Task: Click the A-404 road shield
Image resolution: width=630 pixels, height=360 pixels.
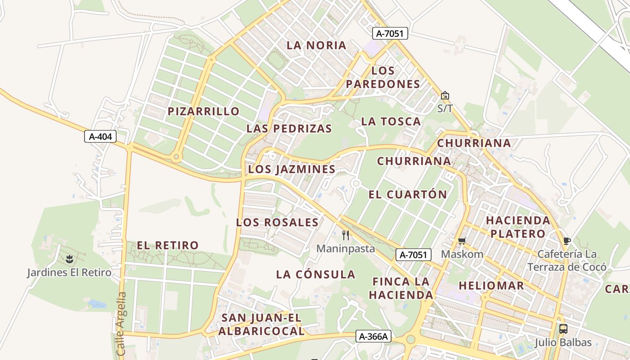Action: (100, 136)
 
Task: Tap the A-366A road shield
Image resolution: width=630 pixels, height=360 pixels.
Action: (373, 336)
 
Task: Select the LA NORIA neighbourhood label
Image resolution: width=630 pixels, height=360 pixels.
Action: (317, 45)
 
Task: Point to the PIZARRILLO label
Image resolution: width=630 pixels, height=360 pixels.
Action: (203, 112)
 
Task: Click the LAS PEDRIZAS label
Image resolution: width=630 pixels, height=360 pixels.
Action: (289, 129)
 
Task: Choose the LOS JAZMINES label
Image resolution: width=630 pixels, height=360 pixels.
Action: (292, 169)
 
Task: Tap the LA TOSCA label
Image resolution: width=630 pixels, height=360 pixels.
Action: (391, 121)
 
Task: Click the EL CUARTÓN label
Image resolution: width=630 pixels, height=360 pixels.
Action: (408, 194)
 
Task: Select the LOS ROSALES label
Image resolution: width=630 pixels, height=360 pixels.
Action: (277, 222)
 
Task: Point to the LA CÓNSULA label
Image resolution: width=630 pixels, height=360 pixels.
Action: (315, 274)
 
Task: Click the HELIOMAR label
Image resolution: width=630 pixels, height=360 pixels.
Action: (491, 286)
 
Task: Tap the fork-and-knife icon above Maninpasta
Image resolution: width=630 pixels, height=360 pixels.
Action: (346, 235)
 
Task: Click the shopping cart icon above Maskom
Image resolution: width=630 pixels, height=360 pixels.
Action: (462, 241)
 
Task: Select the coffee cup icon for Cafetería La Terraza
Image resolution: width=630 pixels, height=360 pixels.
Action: (567, 241)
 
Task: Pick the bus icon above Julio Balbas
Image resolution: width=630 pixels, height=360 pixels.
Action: (563, 328)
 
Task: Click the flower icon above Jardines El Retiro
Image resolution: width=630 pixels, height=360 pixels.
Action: (69, 259)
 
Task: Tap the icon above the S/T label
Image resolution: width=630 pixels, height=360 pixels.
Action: (445, 95)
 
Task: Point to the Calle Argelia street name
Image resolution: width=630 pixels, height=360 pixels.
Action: (121, 324)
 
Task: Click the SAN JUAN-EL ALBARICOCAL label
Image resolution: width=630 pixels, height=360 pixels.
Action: (261, 324)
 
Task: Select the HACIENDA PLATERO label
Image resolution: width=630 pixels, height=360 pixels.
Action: (518, 227)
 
